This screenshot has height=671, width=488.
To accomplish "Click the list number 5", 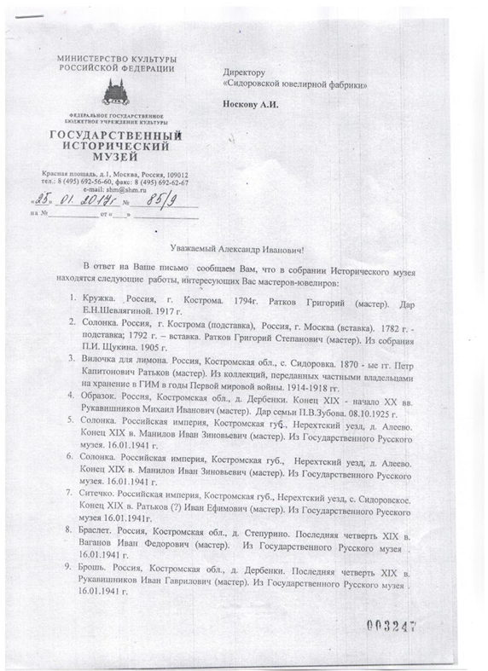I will (x=70, y=425).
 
